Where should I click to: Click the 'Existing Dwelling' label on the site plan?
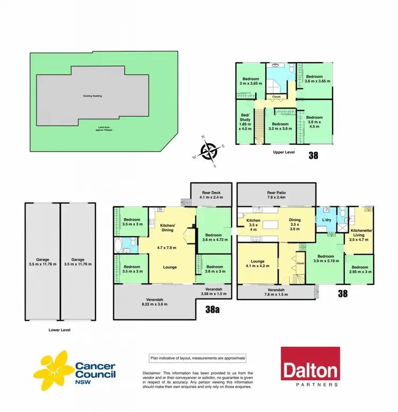[x=92, y=96]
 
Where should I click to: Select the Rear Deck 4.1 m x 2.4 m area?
[x=211, y=194]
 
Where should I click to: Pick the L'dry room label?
[x=327, y=220]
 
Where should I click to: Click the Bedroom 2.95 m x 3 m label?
[x=359, y=270]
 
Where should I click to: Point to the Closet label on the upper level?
[x=276, y=97]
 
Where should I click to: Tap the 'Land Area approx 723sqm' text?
[x=92, y=129]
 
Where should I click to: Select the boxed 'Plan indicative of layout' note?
[x=197, y=358]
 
